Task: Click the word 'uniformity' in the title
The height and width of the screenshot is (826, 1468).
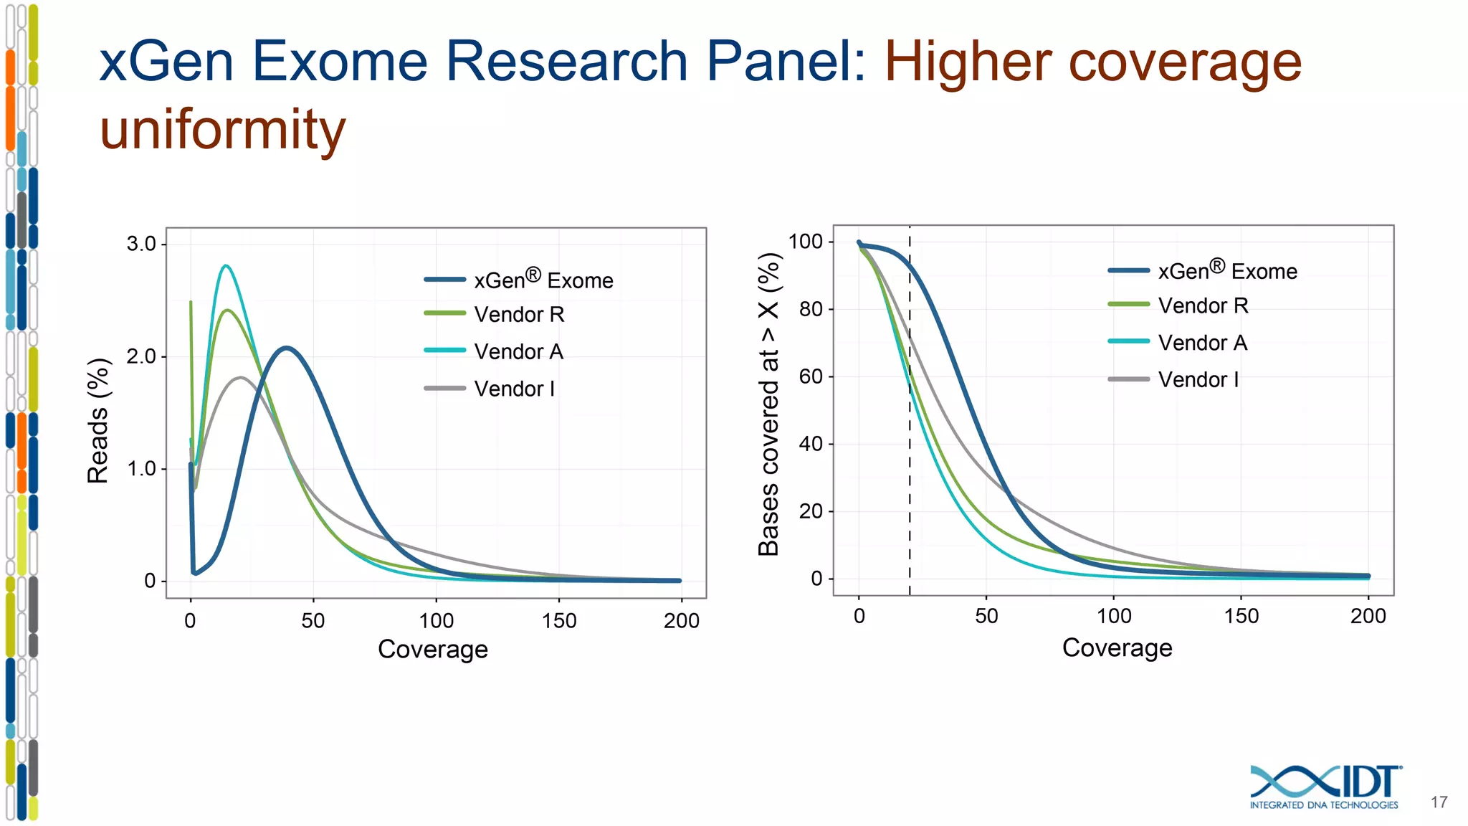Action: (x=222, y=130)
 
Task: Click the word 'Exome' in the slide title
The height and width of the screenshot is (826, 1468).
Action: (x=339, y=61)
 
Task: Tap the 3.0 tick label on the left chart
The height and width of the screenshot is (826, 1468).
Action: (x=141, y=244)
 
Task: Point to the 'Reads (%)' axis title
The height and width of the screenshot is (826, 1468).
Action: (x=98, y=421)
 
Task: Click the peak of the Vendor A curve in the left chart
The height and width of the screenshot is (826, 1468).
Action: (x=226, y=266)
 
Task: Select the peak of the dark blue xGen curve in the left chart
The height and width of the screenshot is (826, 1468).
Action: (x=286, y=348)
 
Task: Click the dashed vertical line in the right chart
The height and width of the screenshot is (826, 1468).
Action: (x=910, y=430)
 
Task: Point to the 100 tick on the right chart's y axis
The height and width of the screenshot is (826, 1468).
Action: (x=806, y=242)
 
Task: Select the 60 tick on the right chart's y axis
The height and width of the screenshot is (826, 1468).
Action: (x=811, y=376)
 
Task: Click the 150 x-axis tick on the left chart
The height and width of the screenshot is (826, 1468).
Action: (x=559, y=620)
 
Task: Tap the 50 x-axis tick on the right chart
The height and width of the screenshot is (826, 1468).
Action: (x=986, y=616)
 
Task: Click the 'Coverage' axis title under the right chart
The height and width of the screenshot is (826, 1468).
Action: (x=1117, y=647)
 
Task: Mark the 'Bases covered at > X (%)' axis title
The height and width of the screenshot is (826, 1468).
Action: (x=768, y=404)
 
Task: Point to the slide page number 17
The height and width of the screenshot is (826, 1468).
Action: (x=1439, y=802)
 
